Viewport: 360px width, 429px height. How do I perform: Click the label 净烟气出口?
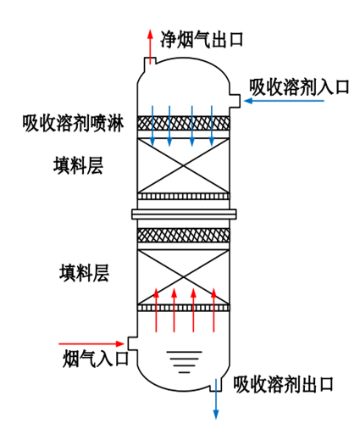click(x=202, y=38)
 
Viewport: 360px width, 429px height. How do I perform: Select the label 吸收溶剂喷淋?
click(x=73, y=124)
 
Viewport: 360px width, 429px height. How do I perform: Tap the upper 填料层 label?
click(x=78, y=166)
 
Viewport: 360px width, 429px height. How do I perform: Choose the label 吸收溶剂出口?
click(x=283, y=383)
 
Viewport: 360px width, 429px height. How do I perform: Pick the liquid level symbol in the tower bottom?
click(x=180, y=363)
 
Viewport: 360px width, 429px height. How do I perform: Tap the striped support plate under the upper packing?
click(x=184, y=198)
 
